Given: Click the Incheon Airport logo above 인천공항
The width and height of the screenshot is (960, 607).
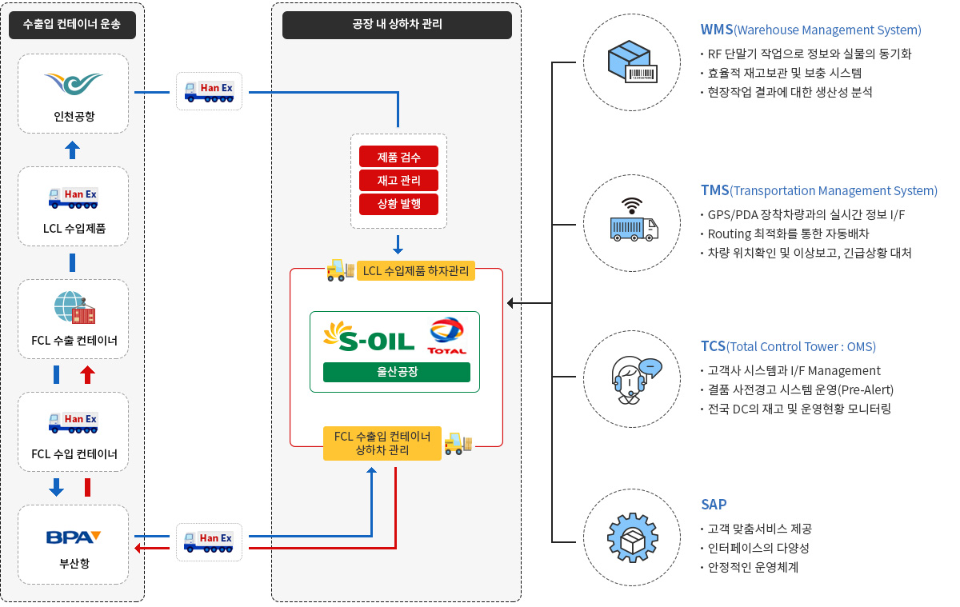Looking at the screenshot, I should (73, 83).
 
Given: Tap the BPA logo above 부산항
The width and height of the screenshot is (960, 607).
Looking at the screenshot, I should (73, 537).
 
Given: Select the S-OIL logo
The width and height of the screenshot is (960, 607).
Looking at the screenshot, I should (369, 336).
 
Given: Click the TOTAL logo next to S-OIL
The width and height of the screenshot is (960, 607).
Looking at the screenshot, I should (446, 337).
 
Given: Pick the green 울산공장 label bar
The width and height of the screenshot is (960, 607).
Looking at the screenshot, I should (396, 372).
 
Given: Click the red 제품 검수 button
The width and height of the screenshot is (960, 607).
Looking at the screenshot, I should (398, 157).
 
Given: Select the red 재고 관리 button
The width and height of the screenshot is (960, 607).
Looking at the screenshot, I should (398, 180).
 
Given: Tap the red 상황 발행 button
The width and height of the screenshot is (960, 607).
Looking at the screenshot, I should (398, 203).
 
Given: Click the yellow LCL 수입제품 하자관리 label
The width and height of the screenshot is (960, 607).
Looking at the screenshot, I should (416, 271).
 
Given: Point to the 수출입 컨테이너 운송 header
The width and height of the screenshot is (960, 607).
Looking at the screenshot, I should (72, 25).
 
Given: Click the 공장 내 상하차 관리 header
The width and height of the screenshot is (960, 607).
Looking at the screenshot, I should (397, 25).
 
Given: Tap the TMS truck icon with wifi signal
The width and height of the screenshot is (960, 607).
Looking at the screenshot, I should (633, 220).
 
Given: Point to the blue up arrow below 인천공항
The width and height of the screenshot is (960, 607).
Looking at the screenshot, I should (72, 149).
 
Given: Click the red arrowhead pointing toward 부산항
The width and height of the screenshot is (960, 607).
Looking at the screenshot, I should (138, 548).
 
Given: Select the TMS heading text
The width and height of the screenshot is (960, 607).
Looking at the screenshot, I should (714, 190).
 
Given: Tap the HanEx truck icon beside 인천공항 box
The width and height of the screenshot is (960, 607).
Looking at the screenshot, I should (209, 92).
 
